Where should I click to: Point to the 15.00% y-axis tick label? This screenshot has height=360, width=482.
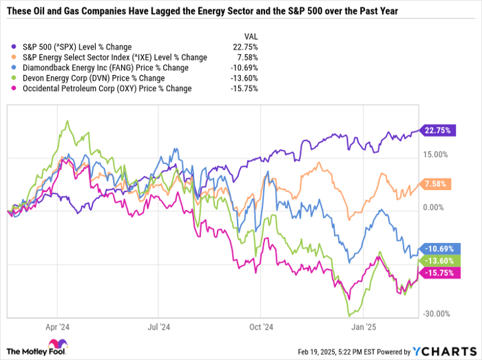(x=436, y=155)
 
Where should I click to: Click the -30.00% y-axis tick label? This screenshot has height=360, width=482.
(x=436, y=314)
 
